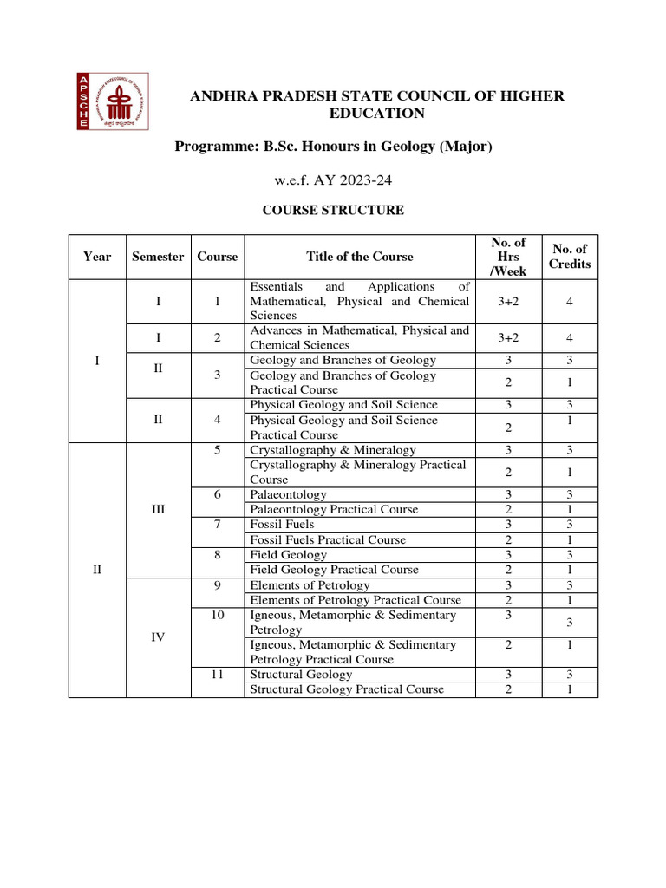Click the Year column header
(97, 257)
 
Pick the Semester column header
(158, 257)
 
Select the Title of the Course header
(359, 257)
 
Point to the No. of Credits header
(569, 257)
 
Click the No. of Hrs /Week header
(508, 257)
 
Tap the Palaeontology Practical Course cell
(334, 510)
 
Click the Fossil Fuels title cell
(283, 525)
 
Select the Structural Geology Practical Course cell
(347, 689)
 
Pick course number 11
(217, 674)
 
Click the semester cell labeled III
(158, 510)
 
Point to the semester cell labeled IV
(158, 637)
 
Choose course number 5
(217, 450)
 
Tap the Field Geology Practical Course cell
(334, 570)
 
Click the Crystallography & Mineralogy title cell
(333, 450)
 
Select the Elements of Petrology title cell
(310, 585)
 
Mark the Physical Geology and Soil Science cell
(343, 405)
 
